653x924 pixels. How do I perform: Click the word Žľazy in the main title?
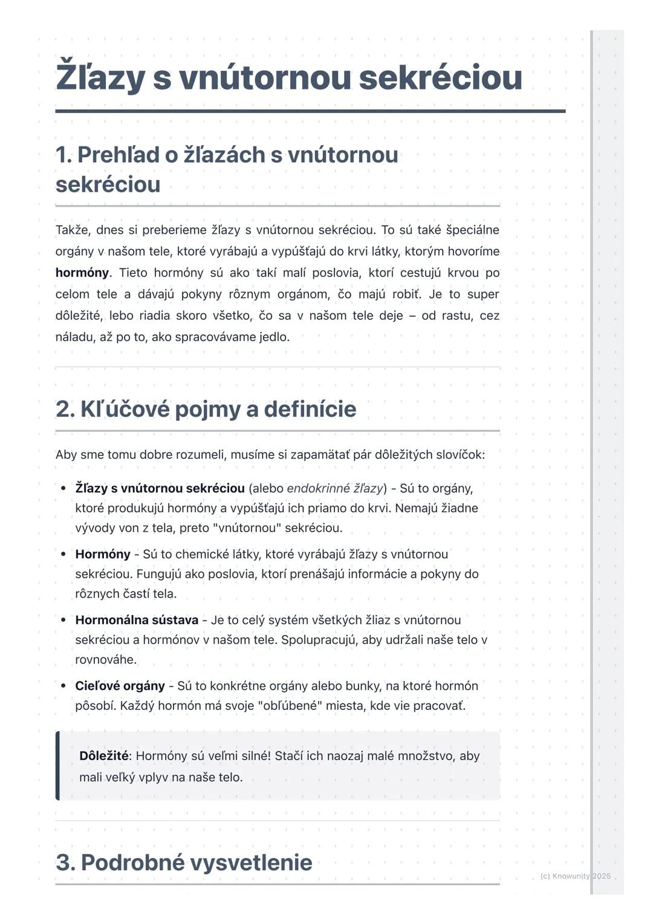pyautogui.click(x=100, y=77)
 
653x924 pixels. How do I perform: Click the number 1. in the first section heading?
pyautogui.click(x=63, y=155)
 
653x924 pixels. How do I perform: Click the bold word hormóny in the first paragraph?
pyautogui.click(x=82, y=273)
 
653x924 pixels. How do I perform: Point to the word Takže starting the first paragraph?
pyautogui.click(x=72, y=230)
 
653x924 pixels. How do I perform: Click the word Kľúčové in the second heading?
pyautogui.click(x=123, y=409)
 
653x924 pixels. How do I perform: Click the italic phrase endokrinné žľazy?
pyautogui.click(x=334, y=488)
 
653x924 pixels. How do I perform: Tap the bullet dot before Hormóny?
pyautogui.click(x=63, y=554)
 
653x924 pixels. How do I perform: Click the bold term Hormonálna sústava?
pyautogui.click(x=137, y=620)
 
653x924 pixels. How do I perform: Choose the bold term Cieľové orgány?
pyautogui.click(x=120, y=686)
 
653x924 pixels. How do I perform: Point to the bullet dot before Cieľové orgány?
pyautogui.click(x=63, y=686)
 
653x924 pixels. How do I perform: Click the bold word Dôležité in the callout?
pyautogui.click(x=103, y=756)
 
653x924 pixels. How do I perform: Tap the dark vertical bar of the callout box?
pyautogui.click(x=57, y=766)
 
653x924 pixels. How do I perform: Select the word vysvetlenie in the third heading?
pyautogui.click(x=252, y=862)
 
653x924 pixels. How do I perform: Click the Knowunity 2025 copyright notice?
pyautogui.click(x=575, y=876)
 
